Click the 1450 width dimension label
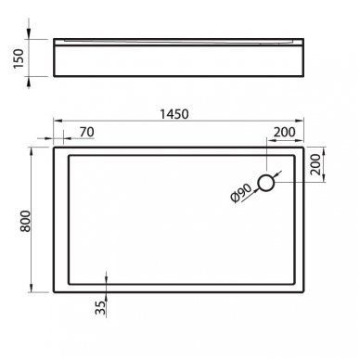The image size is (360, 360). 174,114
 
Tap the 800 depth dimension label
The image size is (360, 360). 25,221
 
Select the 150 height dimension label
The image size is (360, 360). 19,58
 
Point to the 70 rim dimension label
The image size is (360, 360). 86,132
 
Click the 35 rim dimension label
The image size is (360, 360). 100,308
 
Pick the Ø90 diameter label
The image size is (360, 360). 241,193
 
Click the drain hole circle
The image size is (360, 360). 266,183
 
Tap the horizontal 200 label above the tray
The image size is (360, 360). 285,132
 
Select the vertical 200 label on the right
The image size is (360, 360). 315,164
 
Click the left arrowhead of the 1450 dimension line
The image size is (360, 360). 58,121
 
